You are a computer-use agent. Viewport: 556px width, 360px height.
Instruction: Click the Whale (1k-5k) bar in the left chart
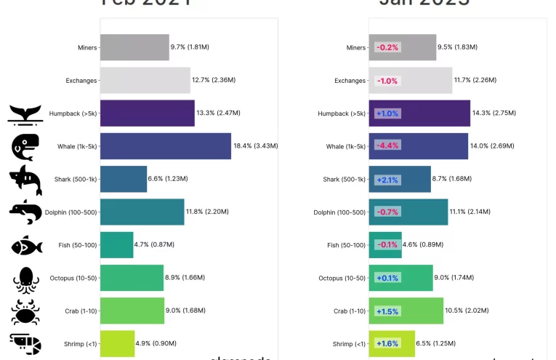[x=165, y=146]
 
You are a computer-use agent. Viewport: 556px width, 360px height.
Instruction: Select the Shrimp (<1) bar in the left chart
[x=117, y=343]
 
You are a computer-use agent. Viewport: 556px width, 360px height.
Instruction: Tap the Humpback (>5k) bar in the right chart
[x=419, y=113]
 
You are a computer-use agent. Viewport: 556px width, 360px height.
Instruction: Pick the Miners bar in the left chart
[x=134, y=47]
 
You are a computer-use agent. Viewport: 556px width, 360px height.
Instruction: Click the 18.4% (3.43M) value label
[x=255, y=146]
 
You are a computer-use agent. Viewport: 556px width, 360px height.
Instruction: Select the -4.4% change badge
[x=387, y=146]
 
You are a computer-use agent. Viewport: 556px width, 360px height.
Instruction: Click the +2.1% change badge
[x=387, y=179]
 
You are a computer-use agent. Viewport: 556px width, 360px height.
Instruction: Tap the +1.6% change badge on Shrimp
[x=387, y=343]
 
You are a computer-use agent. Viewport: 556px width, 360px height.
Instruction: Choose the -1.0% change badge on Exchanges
[x=387, y=81]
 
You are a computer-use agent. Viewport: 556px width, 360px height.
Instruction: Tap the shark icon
[x=25, y=180]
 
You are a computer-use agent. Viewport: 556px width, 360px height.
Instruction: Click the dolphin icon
[x=25, y=212]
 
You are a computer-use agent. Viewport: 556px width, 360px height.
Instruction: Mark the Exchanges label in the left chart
[x=80, y=81]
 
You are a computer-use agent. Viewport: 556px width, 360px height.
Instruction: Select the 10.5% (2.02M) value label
[x=466, y=311]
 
